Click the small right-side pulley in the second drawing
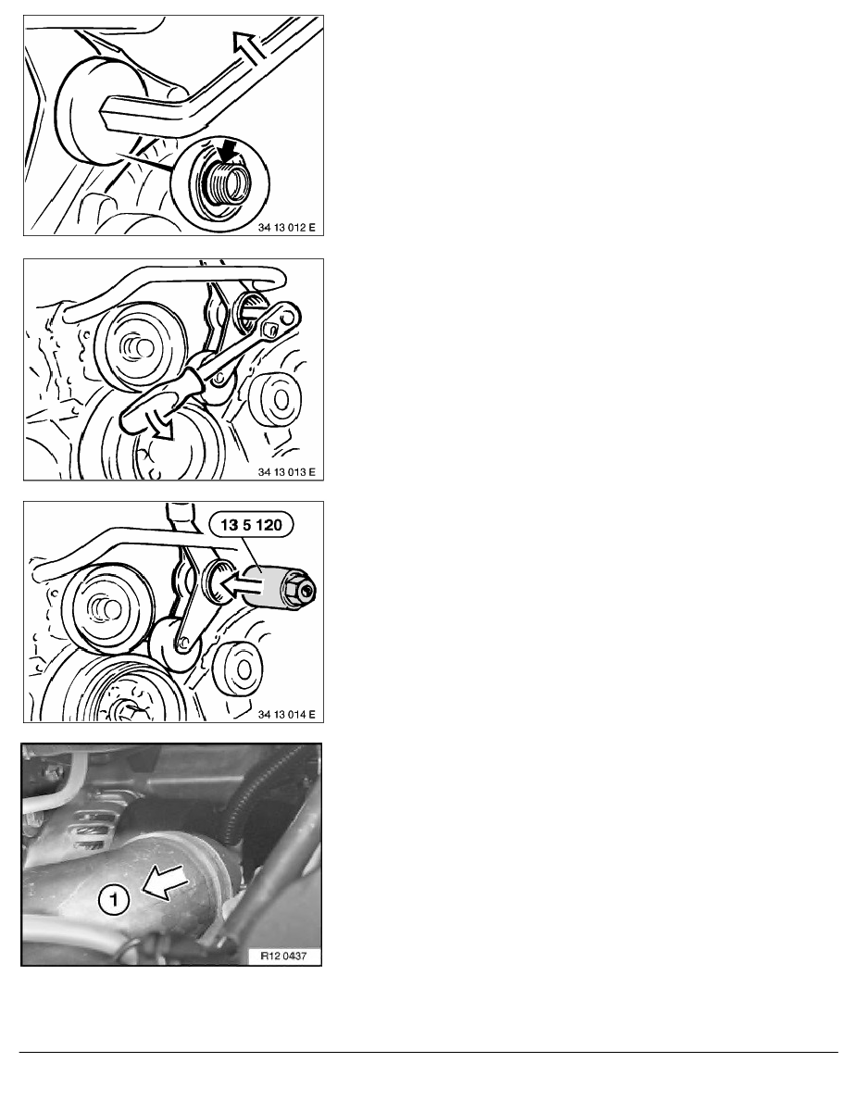click(x=276, y=399)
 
